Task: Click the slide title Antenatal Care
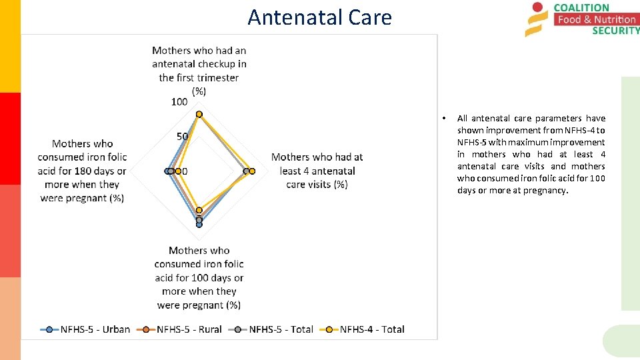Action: (319, 17)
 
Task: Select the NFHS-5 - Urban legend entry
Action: (86, 329)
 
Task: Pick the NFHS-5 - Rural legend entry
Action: (181, 329)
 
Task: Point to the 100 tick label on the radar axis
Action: (179, 102)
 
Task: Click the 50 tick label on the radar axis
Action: (182, 137)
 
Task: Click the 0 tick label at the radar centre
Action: (185, 171)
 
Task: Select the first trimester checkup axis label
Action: (199, 71)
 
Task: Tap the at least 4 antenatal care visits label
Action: (317, 171)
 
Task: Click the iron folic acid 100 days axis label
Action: (199, 277)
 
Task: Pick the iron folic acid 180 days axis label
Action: (82, 171)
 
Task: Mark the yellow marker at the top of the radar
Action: (199, 114)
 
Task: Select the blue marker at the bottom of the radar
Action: (199, 225)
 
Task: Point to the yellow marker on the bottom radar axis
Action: (199, 210)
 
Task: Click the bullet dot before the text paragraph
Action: (444, 119)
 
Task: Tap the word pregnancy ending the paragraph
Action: (546, 190)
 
